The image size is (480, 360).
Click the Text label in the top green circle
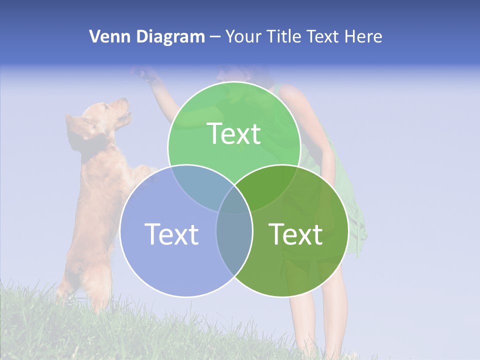coord(234,134)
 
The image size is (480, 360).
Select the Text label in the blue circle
coord(171,234)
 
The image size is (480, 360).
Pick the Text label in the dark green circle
coord(295,234)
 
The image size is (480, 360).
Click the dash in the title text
coord(215,37)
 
